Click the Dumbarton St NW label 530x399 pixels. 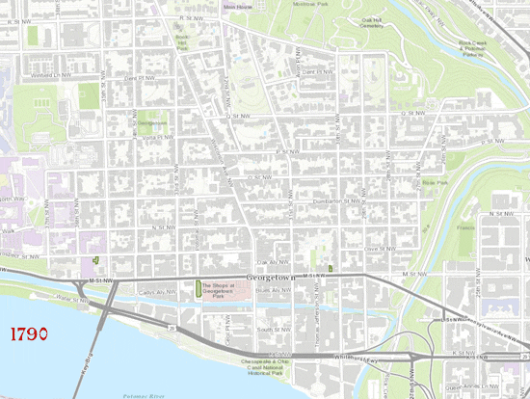pyautogui.click(x=342, y=201)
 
